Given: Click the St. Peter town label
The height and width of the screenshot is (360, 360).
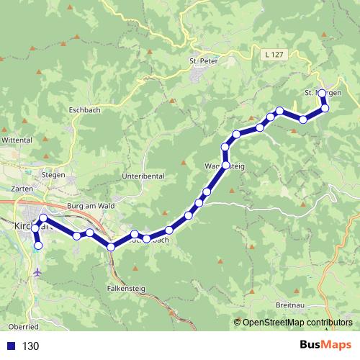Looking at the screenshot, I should pyautogui.click(x=203, y=60).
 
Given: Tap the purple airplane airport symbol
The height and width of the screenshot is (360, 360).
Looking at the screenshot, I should pyautogui.click(x=37, y=273).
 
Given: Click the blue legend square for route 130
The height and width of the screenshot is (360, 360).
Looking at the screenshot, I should pyautogui.click(x=9, y=346).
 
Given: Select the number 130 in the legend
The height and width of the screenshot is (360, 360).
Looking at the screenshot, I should pyautogui.click(x=30, y=346).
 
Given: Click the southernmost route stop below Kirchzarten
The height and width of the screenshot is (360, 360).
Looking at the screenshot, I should pyautogui.click(x=38, y=246).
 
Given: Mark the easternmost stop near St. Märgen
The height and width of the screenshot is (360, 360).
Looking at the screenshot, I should pyautogui.click(x=325, y=108).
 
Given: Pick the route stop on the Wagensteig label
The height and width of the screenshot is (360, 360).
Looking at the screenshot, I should pyautogui.click(x=225, y=166).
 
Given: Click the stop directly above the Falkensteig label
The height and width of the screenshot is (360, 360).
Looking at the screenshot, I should pyautogui.click(x=111, y=247).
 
